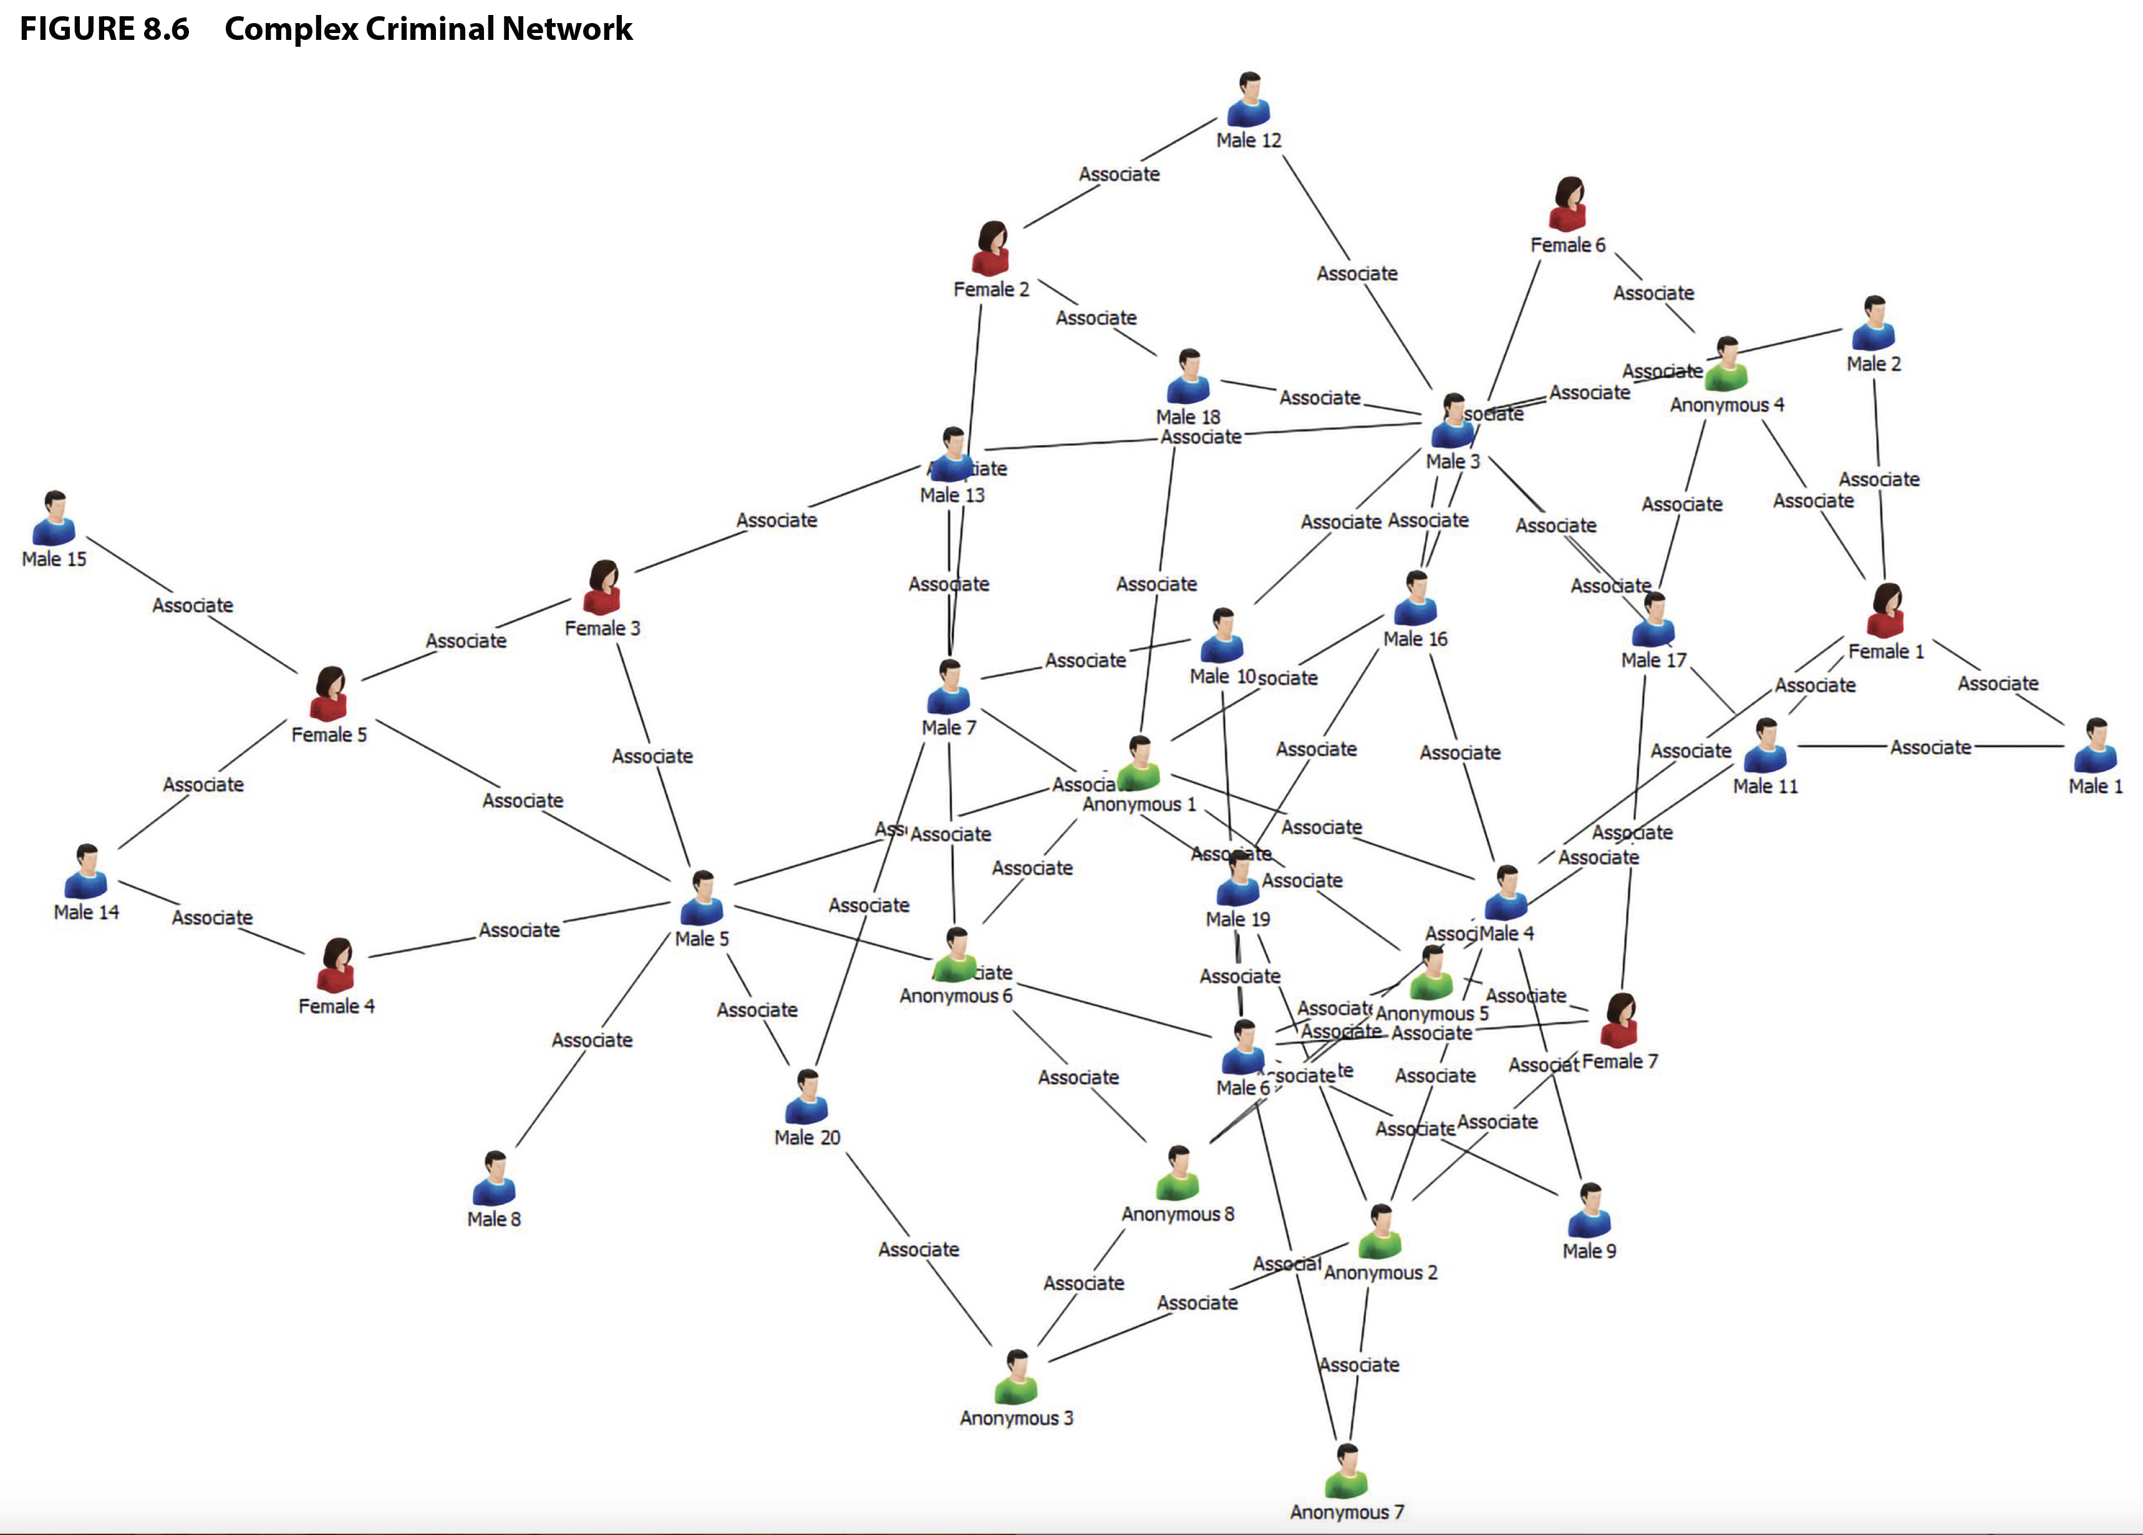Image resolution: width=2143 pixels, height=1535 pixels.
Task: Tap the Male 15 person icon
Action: point(54,519)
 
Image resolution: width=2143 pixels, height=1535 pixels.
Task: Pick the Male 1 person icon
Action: point(2095,746)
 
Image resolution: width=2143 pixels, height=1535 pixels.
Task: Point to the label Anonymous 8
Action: point(1178,1214)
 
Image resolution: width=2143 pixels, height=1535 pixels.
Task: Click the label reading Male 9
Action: point(1589,1251)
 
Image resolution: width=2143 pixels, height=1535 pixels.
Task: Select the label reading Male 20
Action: point(807,1137)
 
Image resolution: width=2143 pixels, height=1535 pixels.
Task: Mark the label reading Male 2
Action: point(1874,363)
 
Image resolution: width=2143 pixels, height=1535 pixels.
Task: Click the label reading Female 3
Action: point(602,628)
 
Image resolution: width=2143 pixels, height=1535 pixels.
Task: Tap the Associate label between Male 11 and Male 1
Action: point(1930,747)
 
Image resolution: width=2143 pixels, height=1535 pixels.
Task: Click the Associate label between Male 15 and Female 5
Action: point(193,605)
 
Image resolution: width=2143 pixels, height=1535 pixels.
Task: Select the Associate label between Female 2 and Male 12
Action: point(1119,174)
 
